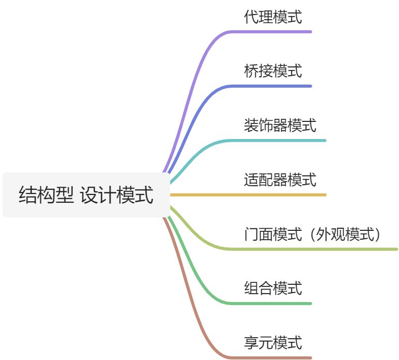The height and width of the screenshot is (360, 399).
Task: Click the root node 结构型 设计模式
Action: pyautogui.click(x=85, y=195)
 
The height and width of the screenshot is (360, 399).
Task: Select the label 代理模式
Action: pyautogui.click(x=273, y=17)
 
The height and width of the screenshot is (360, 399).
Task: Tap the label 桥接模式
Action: pyautogui.click(x=273, y=71)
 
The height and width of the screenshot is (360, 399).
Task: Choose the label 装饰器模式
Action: pyautogui.click(x=280, y=126)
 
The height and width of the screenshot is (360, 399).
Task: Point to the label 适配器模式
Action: pyautogui.click(x=280, y=180)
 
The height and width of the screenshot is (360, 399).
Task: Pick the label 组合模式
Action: pyautogui.click(x=273, y=288)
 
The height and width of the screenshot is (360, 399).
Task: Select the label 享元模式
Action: pyautogui.click(x=273, y=343)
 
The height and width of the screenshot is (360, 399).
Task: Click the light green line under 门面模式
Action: pyautogui.click(x=311, y=250)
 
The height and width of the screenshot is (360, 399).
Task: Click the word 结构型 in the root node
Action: pyautogui.click(x=46, y=196)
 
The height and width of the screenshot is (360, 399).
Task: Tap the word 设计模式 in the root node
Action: pyautogui.click(x=117, y=196)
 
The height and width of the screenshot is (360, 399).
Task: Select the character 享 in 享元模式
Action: pyautogui.click(x=251, y=343)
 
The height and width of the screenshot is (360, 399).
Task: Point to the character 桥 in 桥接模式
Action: pyautogui.click(x=251, y=71)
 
